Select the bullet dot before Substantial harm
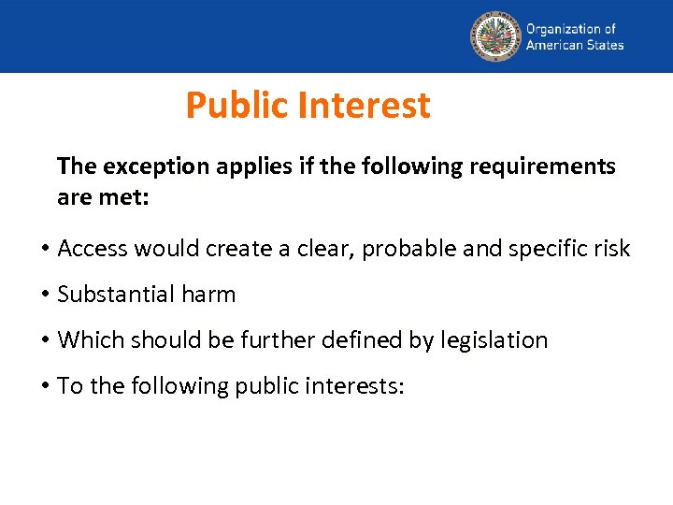[45, 295]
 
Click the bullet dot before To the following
[45, 386]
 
